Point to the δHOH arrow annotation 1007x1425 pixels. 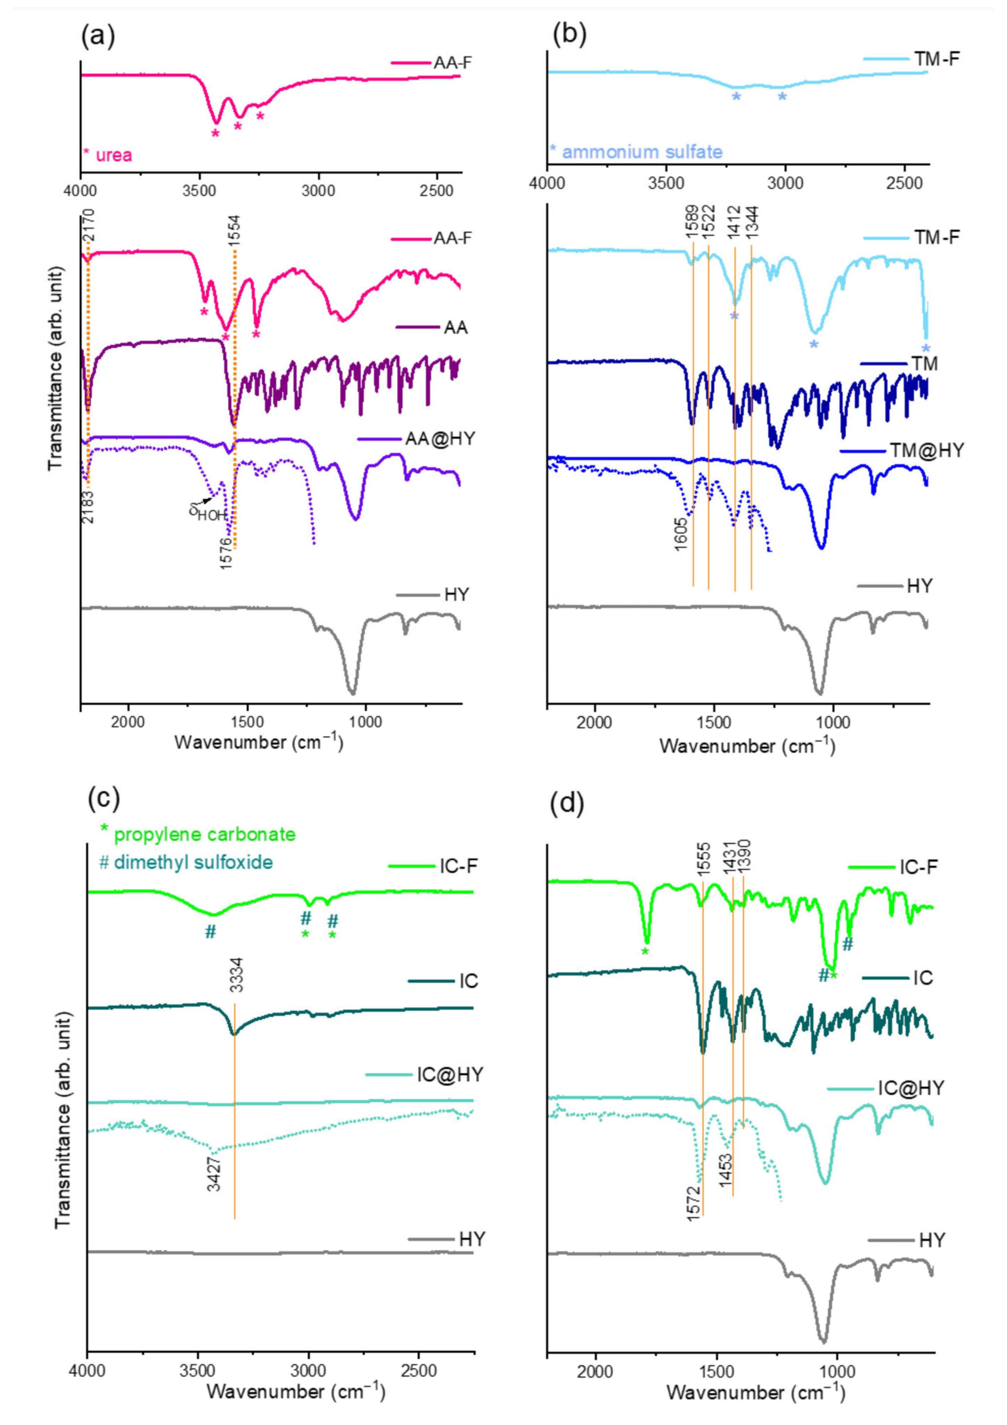pyautogui.click(x=205, y=512)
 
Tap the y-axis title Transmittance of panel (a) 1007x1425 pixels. pyautogui.click(x=56, y=368)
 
